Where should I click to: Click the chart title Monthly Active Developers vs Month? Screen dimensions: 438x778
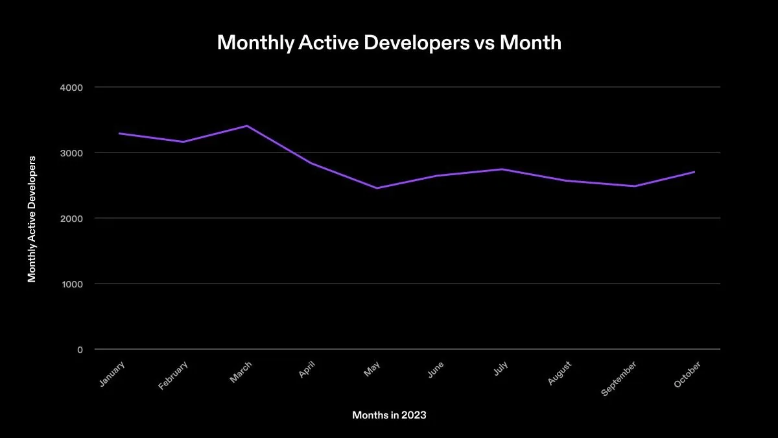tap(389, 43)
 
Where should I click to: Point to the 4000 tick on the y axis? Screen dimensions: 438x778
tap(71, 87)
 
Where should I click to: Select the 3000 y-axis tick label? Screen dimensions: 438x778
tap(71, 152)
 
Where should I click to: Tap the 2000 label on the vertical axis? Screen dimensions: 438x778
tap(71, 218)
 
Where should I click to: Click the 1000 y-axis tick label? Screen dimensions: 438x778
tap(71, 284)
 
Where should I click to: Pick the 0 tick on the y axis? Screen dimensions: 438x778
tap(80, 350)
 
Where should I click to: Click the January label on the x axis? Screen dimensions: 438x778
tap(112, 374)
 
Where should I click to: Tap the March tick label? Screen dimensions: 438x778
tap(241, 372)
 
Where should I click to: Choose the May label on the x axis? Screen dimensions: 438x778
tap(371, 369)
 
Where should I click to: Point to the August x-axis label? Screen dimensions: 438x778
tap(560, 374)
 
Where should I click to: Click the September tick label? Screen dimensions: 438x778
tap(619, 379)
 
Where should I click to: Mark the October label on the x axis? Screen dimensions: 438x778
tap(687, 375)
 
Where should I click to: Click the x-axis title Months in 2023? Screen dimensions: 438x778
tap(389, 415)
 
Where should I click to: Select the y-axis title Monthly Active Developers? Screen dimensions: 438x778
tap(32, 218)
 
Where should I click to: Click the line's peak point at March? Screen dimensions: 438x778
tap(247, 126)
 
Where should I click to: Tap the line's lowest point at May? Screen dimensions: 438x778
tap(376, 188)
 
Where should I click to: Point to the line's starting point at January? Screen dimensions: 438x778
tap(119, 134)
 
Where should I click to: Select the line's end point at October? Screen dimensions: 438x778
tap(694, 172)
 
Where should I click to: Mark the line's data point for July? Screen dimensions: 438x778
tap(502, 169)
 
